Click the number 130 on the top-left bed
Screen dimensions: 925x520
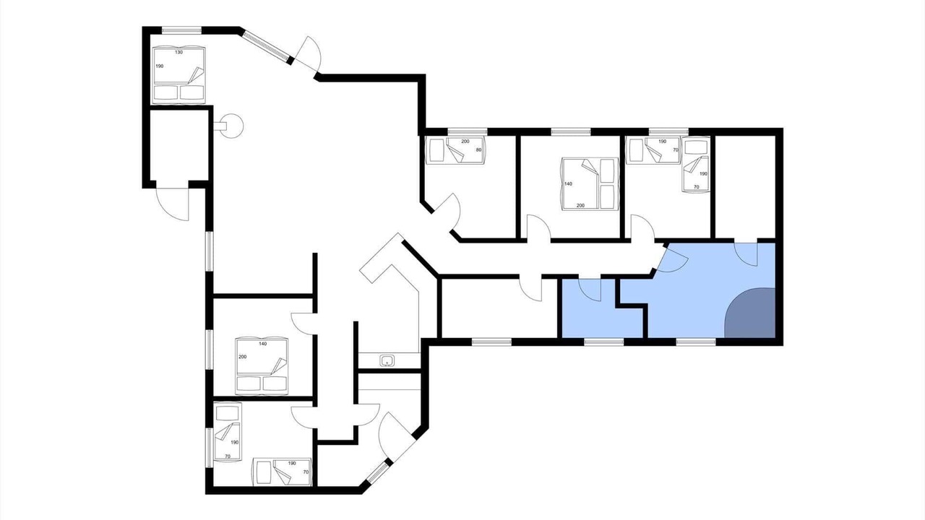click(178, 53)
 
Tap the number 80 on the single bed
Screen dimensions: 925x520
click(478, 149)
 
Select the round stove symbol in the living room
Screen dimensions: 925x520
click(232, 126)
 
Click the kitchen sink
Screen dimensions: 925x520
click(387, 360)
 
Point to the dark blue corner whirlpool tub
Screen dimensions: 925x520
click(752, 314)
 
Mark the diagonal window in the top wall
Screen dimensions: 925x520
click(266, 46)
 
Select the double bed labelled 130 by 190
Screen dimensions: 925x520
click(179, 74)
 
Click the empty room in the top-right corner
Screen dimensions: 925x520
click(744, 186)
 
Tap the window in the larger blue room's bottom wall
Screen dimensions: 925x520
click(696, 342)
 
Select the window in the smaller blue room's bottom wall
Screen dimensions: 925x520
click(603, 342)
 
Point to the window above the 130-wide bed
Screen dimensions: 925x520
click(181, 30)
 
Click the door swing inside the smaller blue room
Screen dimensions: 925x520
click(590, 290)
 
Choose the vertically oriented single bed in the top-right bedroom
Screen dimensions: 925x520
click(695, 164)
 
